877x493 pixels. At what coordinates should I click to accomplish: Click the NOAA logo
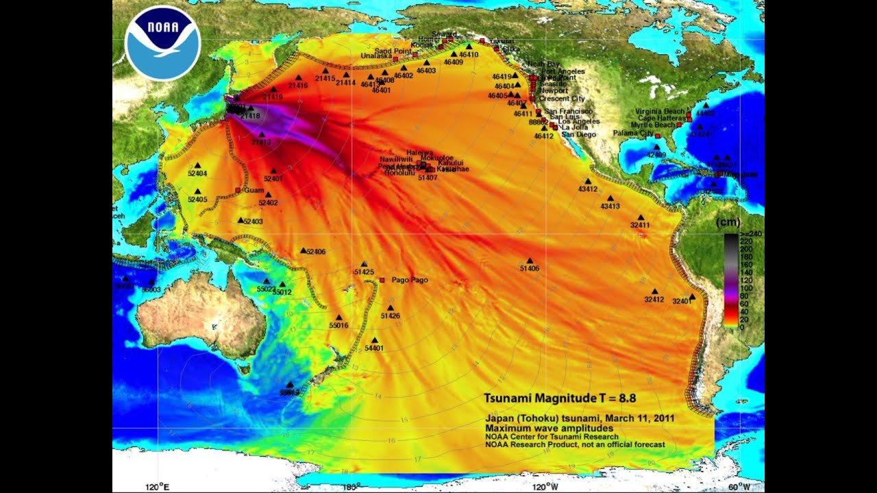tap(162, 42)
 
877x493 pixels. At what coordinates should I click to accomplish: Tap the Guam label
tap(254, 190)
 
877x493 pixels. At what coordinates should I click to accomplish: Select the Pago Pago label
tap(409, 280)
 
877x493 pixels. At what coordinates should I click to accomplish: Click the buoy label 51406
tap(530, 268)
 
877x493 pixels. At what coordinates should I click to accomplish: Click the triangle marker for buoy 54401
tap(374, 340)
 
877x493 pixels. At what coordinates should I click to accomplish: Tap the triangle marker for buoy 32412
tap(654, 291)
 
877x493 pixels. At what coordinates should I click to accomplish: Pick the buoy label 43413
tap(610, 206)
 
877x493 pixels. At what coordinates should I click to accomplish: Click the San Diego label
tap(579, 135)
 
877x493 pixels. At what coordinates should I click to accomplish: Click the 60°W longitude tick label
tap(739, 487)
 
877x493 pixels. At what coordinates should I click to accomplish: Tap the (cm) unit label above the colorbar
tap(728, 222)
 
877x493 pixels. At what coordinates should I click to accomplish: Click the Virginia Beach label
tap(659, 112)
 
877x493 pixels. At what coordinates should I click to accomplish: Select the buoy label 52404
tap(197, 174)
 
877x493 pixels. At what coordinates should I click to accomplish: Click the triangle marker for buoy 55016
tap(338, 317)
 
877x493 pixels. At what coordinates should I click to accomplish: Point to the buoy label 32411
tap(640, 225)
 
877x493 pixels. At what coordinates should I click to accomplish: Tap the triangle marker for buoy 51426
tap(391, 307)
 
